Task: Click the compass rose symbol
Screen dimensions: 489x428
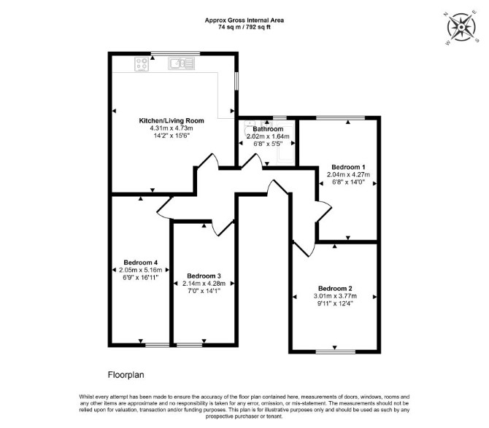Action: click(461, 28)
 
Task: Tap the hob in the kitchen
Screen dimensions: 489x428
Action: click(142, 64)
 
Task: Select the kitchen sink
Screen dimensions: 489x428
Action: click(182, 63)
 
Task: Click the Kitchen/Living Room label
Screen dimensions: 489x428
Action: click(172, 120)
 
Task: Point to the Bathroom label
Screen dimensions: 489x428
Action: click(268, 129)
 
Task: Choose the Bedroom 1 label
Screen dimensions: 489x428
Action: click(348, 167)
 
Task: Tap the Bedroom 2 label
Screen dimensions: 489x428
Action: click(335, 289)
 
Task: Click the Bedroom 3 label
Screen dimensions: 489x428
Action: click(204, 276)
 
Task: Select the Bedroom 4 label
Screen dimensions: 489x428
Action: click(141, 262)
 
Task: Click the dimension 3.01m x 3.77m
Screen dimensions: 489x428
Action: click(335, 296)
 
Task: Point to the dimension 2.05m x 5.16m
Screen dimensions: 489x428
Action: click(141, 270)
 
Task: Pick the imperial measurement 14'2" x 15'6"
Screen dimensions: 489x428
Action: click(172, 136)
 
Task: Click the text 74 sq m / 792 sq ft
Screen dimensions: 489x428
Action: click(244, 27)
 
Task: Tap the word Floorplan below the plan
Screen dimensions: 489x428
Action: click(126, 375)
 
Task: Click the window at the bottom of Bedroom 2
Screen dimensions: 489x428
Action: click(335, 351)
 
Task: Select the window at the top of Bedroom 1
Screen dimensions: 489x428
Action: click(341, 117)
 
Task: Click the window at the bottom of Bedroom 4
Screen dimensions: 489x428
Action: click(158, 345)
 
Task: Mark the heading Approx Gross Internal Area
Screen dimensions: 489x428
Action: click(244, 20)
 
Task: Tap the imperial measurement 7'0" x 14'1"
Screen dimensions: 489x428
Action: click(204, 291)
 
